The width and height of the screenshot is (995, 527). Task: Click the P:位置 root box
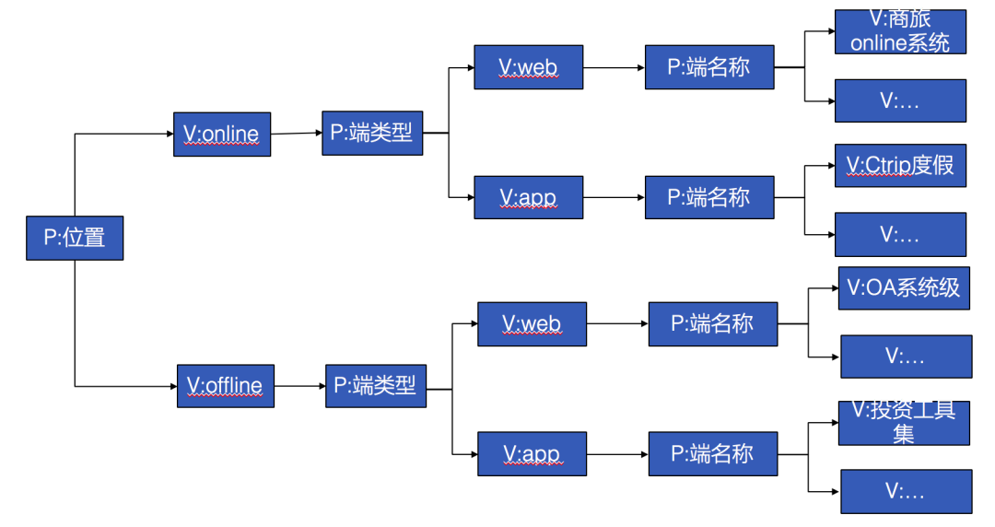[74, 238]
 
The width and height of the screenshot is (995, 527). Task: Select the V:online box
[222, 135]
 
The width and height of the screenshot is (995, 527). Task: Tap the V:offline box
[226, 385]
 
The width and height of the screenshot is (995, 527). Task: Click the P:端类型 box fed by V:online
[372, 133]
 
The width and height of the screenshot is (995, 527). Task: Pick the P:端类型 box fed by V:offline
[375, 385]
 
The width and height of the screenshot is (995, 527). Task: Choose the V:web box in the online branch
[528, 67]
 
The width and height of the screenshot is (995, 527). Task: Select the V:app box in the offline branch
[532, 453]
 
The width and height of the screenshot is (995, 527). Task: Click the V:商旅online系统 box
[900, 32]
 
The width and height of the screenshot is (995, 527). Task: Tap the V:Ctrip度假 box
[900, 166]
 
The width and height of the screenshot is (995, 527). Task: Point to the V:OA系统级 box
[903, 287]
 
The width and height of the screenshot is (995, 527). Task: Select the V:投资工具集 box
[903, 423]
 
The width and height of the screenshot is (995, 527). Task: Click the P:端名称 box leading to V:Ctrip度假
[708, 197]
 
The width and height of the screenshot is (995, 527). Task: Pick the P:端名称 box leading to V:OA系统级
[712, 323]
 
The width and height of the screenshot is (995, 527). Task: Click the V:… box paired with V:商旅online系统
[900, 100]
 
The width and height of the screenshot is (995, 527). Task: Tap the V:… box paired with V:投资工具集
[906, 491]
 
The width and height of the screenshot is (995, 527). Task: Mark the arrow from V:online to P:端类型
[296, 134]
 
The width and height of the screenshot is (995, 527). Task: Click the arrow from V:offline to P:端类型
[299, 386]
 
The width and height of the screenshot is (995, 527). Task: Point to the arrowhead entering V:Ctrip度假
[829, 167]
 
